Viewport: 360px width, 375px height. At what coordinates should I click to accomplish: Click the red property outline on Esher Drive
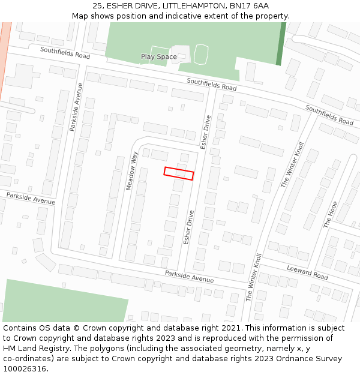(179, 173)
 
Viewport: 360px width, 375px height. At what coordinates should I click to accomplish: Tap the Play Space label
(159, 57)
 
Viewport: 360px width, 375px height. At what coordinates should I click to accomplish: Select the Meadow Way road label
(132, 171)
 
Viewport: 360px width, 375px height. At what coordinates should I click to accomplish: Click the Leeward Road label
(307, 272)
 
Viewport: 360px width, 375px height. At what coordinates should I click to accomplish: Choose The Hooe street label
(331, 214)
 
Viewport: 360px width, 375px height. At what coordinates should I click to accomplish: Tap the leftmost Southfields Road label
(65, 52)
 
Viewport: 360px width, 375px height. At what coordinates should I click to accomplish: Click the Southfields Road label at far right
(329, 115)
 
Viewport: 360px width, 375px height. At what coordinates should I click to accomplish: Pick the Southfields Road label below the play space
(211, 84)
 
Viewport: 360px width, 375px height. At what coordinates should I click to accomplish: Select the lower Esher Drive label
(188, 227)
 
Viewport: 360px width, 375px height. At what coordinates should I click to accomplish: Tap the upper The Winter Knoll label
(293, 165)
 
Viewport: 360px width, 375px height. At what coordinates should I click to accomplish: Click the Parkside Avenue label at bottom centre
(190, 277)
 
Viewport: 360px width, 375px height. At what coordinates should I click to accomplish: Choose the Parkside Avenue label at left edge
(31, 198)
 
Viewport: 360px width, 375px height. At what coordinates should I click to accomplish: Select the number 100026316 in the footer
(24, 368)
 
